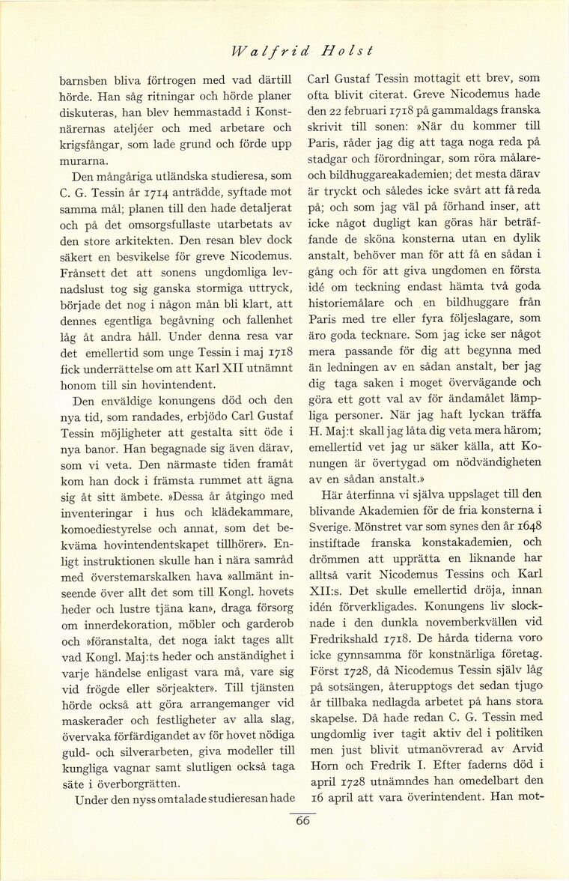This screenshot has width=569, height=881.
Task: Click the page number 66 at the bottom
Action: pos(302,820)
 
